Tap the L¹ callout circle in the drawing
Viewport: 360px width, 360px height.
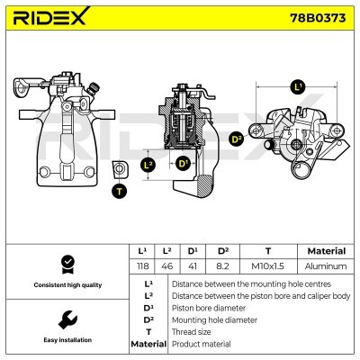click(298, 87)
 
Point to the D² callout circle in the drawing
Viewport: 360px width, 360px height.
click(237, 139)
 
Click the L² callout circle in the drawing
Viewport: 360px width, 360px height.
click(149, 165)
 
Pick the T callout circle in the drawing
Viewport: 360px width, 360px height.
click(119, 191)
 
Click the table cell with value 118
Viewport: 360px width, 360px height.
click(140, 266)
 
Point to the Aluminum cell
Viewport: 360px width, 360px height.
click(326, 266)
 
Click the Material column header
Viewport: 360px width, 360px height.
click(326, 251)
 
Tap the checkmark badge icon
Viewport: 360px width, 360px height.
click(66, 264)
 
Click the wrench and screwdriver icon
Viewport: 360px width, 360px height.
click(66, 319)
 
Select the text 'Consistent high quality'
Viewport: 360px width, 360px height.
click(66, 285)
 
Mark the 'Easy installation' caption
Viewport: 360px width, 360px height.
click(66, 340)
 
